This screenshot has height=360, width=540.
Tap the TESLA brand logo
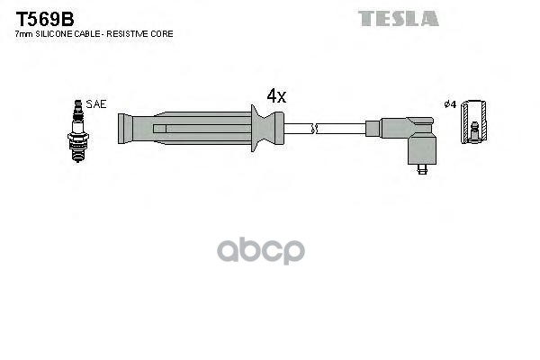pos(398,18)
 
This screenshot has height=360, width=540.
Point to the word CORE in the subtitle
pos(163,33)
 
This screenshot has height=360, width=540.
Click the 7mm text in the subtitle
pos(24,33)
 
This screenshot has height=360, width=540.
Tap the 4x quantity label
pos(275,94)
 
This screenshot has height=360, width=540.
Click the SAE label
pos(96,104)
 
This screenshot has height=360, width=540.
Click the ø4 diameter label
pos(451,104)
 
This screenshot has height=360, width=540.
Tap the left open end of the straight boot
pos(122,128)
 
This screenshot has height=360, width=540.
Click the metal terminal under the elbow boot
pos(422,167)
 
